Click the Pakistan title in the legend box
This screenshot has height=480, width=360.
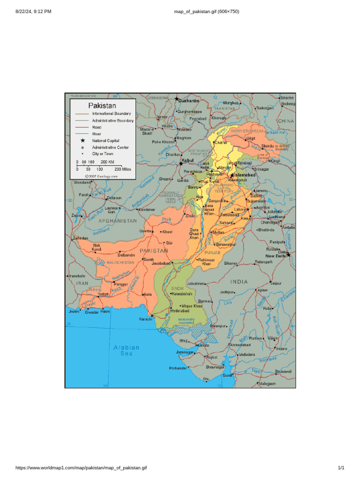(x=103, y=105)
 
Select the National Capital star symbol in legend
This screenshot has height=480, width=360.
(x=82, y=141)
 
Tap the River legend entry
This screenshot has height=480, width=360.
(x=96, y=134)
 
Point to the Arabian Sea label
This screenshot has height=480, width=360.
(x=127, y=350)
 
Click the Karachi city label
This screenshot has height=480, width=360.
(x=145, y=319)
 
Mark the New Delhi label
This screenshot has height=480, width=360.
(x=276, y=256)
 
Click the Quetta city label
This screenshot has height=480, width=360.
(x=145, y=231)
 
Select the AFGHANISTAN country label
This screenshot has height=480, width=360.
(x=117, y=221)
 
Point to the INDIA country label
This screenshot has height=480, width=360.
(x=239, y=282)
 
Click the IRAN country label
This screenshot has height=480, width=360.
(x=82, y=283)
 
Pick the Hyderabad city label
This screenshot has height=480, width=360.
(x=180, y=310)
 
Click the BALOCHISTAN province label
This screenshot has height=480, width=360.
(x=120, y=262)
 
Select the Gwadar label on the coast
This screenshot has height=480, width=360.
(x=91, y=312)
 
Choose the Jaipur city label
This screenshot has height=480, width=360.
(x=276, y=283)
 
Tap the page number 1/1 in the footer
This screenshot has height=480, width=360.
(x=341, y=468)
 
